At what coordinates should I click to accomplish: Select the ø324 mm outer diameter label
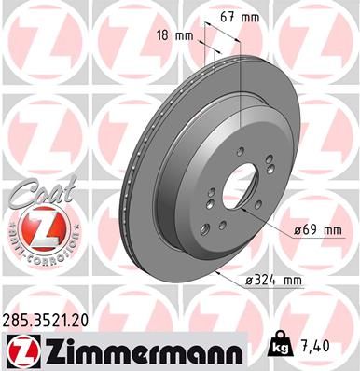click(x=278, y=279)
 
